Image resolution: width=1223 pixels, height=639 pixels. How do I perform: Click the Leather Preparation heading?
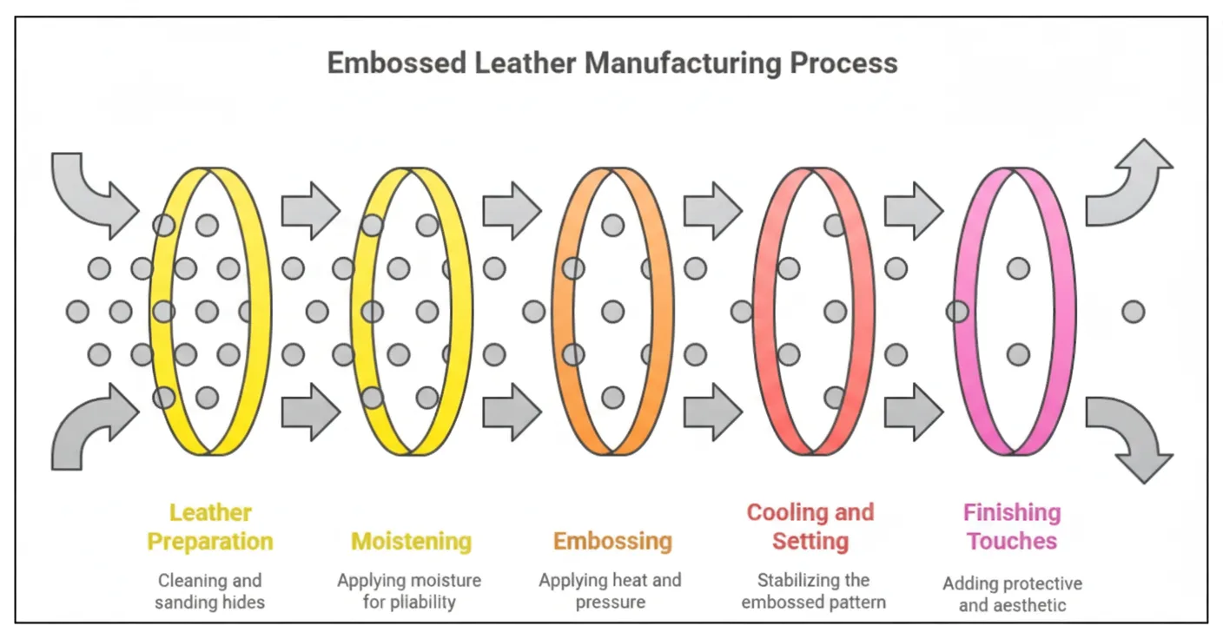click(209, 527)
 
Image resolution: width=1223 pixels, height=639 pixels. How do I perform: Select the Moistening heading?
click(411, 542)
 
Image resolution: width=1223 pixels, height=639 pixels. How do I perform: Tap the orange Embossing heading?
click(612, 542)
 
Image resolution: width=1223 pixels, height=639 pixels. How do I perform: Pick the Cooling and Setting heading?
click(810, 527)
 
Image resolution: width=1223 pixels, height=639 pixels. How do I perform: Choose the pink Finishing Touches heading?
click(1012, 527)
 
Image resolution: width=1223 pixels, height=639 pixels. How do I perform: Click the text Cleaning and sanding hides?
click(209, 591)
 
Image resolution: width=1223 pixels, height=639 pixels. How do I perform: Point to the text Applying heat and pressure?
click(610, 591)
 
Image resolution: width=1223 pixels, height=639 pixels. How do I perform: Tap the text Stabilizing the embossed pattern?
click(813, 591)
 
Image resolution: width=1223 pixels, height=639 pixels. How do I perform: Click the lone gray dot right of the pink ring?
click(1133, 312)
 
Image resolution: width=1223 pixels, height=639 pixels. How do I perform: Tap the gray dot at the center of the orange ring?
click(613, 312)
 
